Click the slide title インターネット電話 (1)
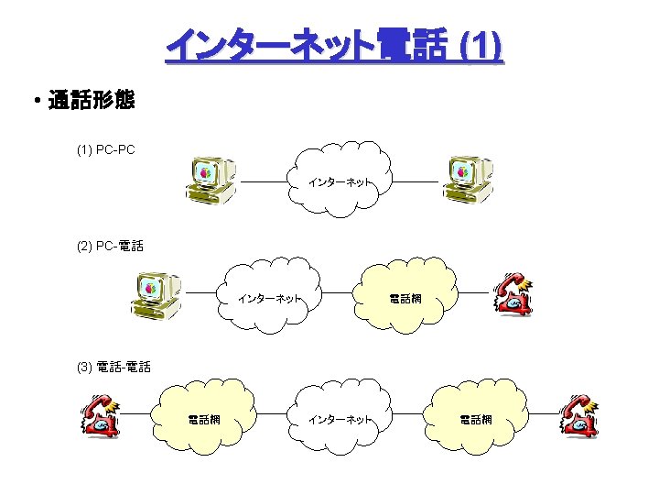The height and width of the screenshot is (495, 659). tap(334, 47)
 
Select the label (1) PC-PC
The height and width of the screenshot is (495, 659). tap(106, 149)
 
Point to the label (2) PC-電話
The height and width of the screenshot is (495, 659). tap(111, 246)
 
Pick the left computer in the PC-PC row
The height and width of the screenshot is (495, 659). tap(210, 180)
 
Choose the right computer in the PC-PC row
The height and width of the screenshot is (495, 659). tap(468, 180)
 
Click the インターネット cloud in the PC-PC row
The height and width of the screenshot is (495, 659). tap(340, 181)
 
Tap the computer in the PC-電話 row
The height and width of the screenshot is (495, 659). tap(157, 294)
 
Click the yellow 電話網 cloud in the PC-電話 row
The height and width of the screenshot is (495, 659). tap(405, 297)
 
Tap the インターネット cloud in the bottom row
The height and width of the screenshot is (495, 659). tap(340, 418)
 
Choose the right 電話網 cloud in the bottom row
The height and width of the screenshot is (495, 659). tap(475, 418)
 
